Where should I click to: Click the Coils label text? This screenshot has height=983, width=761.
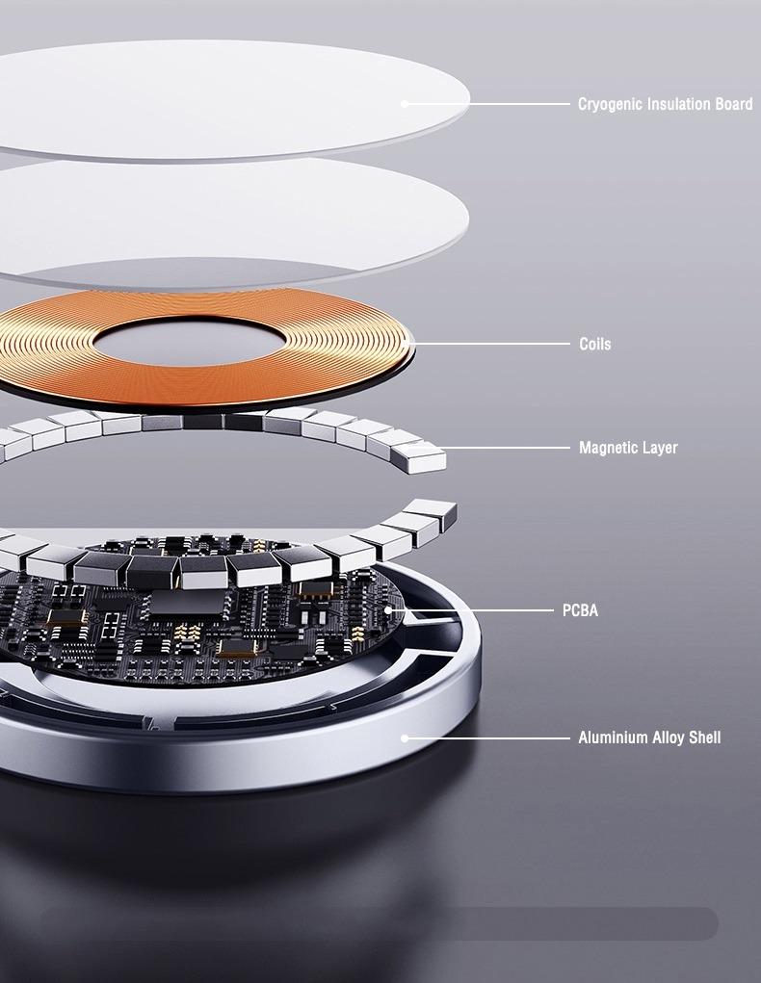pyautogui.click(x=594, y=344)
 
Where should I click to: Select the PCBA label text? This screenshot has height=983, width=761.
pyautogui.click(x=580, y=610)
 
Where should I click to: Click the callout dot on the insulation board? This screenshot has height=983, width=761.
pyautogui.click(x=405, y=104)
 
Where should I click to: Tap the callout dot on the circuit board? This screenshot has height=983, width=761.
pyautogui.click(x=388, y=610)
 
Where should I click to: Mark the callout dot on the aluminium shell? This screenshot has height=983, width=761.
pyautogui.click(x=405, y=738)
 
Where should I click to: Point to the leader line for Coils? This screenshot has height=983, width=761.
pyautogui.click(x=489, y=344)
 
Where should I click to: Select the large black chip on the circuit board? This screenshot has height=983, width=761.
pyautogui.click(x=187, y=602)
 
